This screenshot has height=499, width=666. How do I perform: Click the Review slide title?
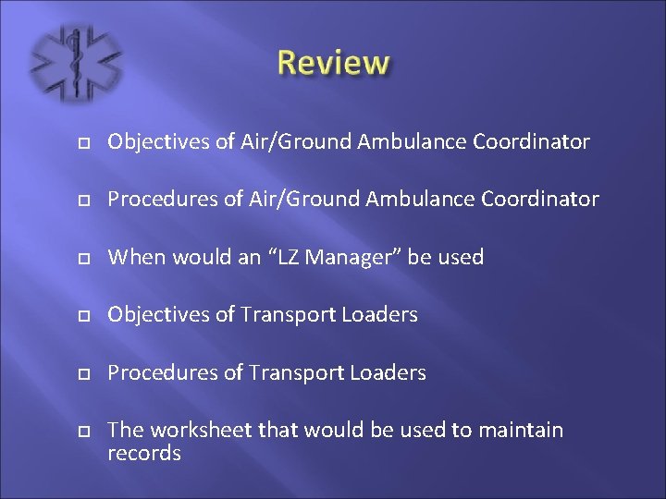point(334,63)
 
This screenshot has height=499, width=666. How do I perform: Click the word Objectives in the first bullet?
point(157,142)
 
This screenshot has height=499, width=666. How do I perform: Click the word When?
point(133,257)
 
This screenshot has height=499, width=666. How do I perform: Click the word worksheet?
point(193,431)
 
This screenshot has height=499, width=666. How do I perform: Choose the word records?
point(144,454)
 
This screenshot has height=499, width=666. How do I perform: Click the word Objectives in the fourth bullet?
point(157,315)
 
